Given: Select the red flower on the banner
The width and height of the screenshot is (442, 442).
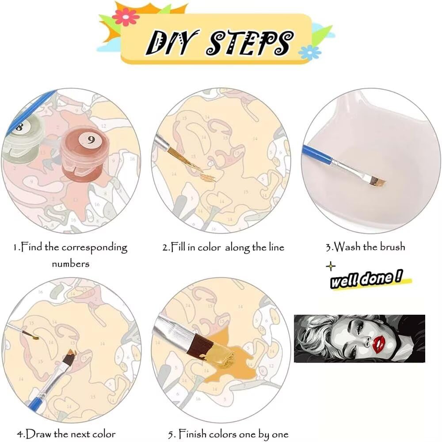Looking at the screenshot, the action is [x=126, y=17].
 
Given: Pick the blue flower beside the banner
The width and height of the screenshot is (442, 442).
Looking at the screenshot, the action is [x=309, y=53].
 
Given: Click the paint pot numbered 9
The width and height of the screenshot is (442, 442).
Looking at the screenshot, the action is [x=84, y=154].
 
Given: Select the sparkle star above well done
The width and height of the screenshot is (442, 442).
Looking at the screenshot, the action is [x=331, y=267].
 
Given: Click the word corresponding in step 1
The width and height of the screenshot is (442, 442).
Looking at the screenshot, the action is [x=94, y=248].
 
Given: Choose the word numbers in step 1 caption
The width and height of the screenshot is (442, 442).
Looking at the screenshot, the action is [x=70, y=264].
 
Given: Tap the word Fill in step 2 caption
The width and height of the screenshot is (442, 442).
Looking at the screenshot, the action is [x=178, y=247].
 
